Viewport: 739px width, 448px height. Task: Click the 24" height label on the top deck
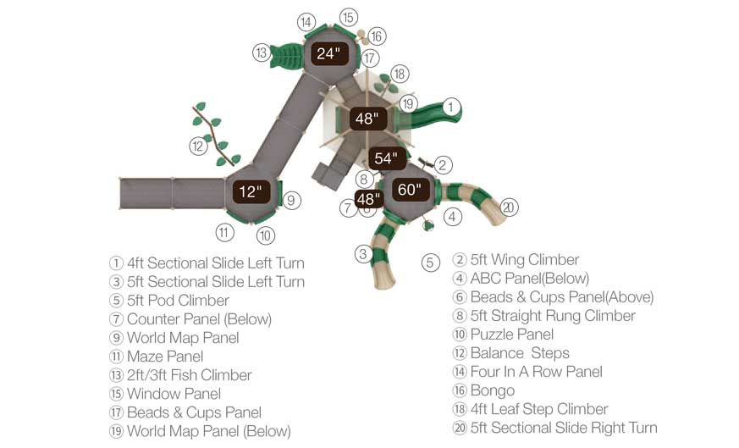pos(328,53)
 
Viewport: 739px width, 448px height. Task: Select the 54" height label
pos(385,158)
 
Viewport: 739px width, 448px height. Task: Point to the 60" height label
pos(409,190)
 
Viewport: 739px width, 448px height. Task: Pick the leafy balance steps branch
pos(216,135)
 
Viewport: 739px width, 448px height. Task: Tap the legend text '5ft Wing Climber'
pos(524,260)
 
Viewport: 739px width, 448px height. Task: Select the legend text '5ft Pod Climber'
pos(178,301)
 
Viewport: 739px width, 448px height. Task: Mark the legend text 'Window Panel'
pos(174,394)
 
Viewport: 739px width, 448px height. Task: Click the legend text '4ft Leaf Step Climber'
pos(539,409)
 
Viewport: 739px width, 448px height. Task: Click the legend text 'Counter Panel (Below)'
pos(199,319)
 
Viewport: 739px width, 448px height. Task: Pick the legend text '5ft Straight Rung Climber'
pos(553,316)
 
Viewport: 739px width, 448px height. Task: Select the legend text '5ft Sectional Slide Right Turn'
pos(564,428)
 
